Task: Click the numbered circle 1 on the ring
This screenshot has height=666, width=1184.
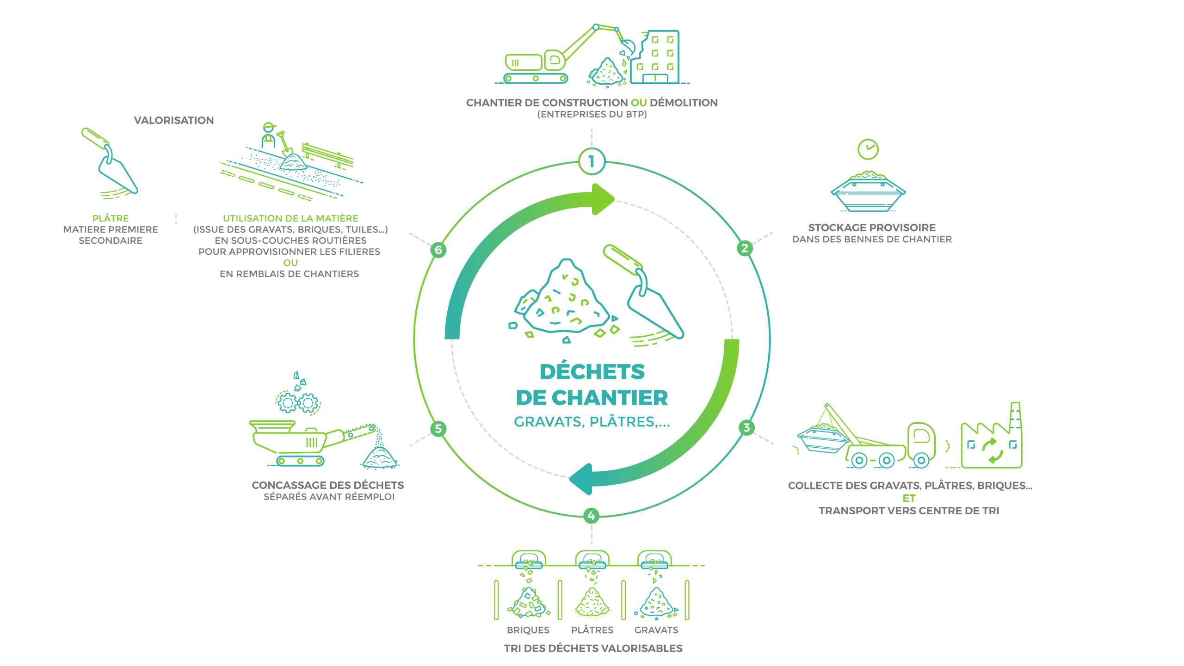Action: pos(592,161)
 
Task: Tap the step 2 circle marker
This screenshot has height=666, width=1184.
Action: pos(745,248)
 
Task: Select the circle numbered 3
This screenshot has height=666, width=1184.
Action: pos(746,427)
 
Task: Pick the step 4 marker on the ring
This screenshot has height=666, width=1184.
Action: pos(592,516)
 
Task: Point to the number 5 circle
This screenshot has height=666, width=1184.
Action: pos(438,429)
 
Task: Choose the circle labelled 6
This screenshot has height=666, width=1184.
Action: pos(438,250)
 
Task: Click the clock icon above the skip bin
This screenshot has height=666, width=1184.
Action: pos(868,149)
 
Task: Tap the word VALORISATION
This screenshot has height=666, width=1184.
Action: pos(174,120)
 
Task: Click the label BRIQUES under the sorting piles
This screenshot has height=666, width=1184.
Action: pos(528,630)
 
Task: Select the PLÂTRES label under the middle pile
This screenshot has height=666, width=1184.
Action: pos(592,629)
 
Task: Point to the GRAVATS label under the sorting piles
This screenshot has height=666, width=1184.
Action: pos(656,630)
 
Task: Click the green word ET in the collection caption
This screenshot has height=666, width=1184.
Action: pos(909,498)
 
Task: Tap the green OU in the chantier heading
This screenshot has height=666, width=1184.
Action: pos(639,103)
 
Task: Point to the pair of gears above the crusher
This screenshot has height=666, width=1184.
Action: pos(298,402)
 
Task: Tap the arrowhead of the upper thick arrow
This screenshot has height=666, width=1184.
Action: pos(603,199)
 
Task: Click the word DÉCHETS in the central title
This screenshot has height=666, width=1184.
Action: pos(592,371)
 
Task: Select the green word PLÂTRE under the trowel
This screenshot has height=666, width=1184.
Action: pos(111,218)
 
